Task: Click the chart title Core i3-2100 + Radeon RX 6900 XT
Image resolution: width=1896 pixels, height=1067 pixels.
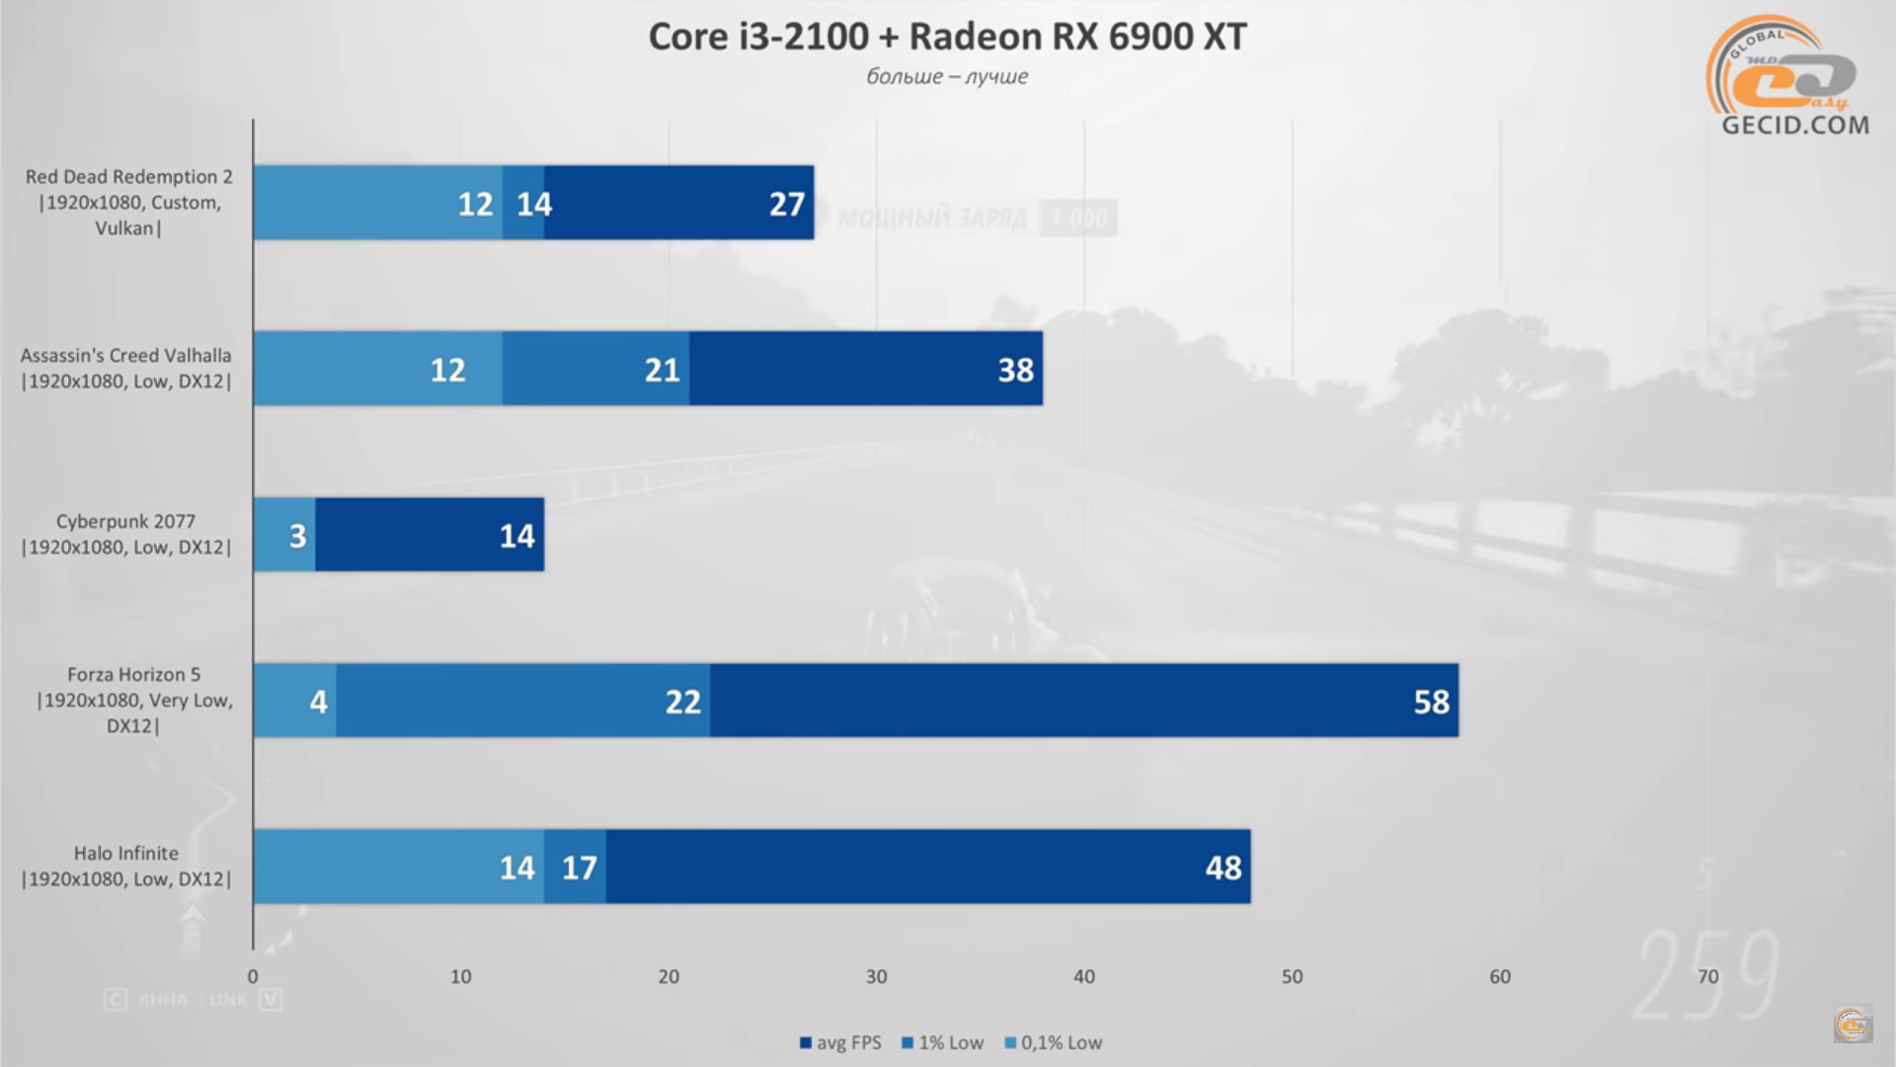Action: [947, 37]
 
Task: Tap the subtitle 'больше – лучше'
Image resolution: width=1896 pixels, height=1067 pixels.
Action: [947, 77]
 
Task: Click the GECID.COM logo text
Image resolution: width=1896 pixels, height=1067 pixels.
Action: [1794, 125]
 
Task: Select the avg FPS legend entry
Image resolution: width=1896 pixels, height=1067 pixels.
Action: [840, 1042]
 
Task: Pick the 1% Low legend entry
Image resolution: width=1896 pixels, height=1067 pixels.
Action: [943, 1042]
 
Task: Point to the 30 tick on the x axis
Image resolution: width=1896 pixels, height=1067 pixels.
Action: [876, 977]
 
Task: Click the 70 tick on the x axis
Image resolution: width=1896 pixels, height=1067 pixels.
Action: [1707, 977]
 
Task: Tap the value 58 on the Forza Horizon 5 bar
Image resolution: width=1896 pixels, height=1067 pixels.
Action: [1431, 701]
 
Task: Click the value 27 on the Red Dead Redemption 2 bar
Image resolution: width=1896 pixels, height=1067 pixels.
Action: [786, 204]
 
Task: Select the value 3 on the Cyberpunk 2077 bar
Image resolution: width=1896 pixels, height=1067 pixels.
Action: [297, 535]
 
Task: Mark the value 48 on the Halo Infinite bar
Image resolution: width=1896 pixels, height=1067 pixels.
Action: [1223, 867]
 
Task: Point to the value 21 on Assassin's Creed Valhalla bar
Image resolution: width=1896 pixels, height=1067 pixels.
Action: [662, 369]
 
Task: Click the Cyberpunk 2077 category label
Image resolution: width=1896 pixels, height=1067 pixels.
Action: [126, 533]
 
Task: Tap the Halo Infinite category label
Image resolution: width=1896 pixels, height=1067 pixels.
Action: [126, 865]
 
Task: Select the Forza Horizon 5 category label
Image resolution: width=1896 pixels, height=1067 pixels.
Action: [133, 699]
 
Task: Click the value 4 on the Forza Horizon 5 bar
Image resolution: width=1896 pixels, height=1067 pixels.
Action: [318, 701]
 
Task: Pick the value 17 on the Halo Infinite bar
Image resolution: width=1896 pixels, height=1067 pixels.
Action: [579, 867]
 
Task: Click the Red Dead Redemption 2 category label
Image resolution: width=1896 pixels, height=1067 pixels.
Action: [128, 202]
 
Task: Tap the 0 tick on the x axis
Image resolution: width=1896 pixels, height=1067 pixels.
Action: [253, 977]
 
